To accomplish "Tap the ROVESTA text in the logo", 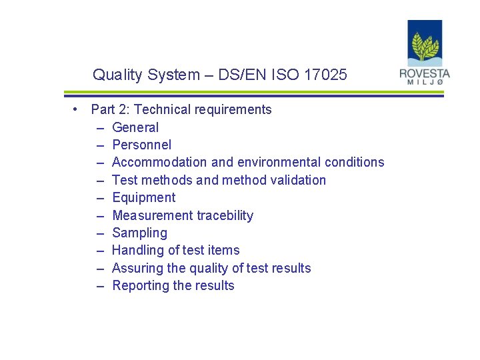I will [x=425, y=74].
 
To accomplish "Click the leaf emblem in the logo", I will [x=425, y=47].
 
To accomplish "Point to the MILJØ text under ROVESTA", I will [x=425, y=83].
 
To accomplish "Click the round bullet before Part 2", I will [x=78, y=109].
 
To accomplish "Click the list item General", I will [x=135, y=127].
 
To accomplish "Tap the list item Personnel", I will [x=141, y=145].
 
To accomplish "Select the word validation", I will [x=298, y=180].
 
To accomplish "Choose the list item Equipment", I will [x=143, y=197].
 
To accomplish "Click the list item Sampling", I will [x=139, y=233].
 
